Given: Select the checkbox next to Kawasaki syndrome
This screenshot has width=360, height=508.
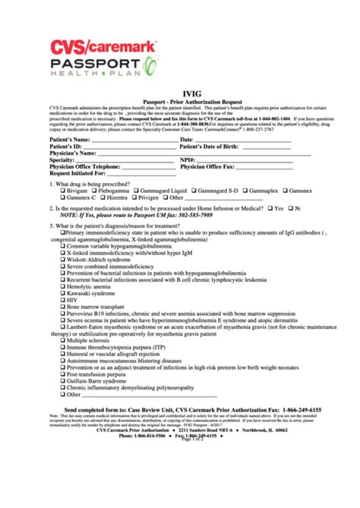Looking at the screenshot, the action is click(x=64, y=292).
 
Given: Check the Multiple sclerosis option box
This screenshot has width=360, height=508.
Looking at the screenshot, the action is click(x=64, y=341).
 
